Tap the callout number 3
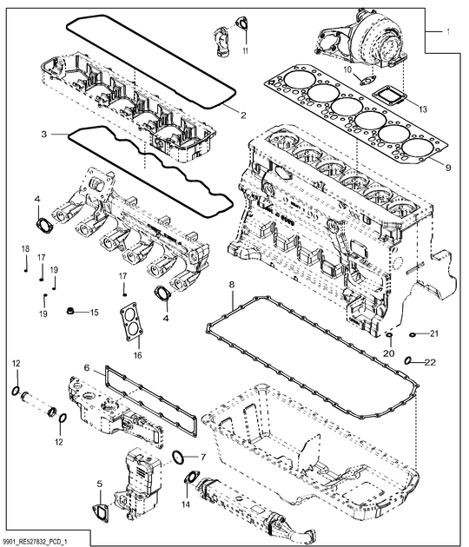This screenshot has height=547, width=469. click(x=43, y=135)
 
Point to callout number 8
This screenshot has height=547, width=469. click(x=231, y=285)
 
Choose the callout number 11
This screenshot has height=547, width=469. click(x=246, y=52)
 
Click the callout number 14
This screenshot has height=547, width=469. click(x=185, y=504)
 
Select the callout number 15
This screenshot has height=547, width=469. click(x=95, y=311)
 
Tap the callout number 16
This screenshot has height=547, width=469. click(x=136, y=354)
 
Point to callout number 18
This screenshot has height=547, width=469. click(x=25, y=250)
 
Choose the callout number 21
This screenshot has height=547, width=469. click(x=434, y=334)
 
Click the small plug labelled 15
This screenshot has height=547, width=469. click(x=69, y=310)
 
